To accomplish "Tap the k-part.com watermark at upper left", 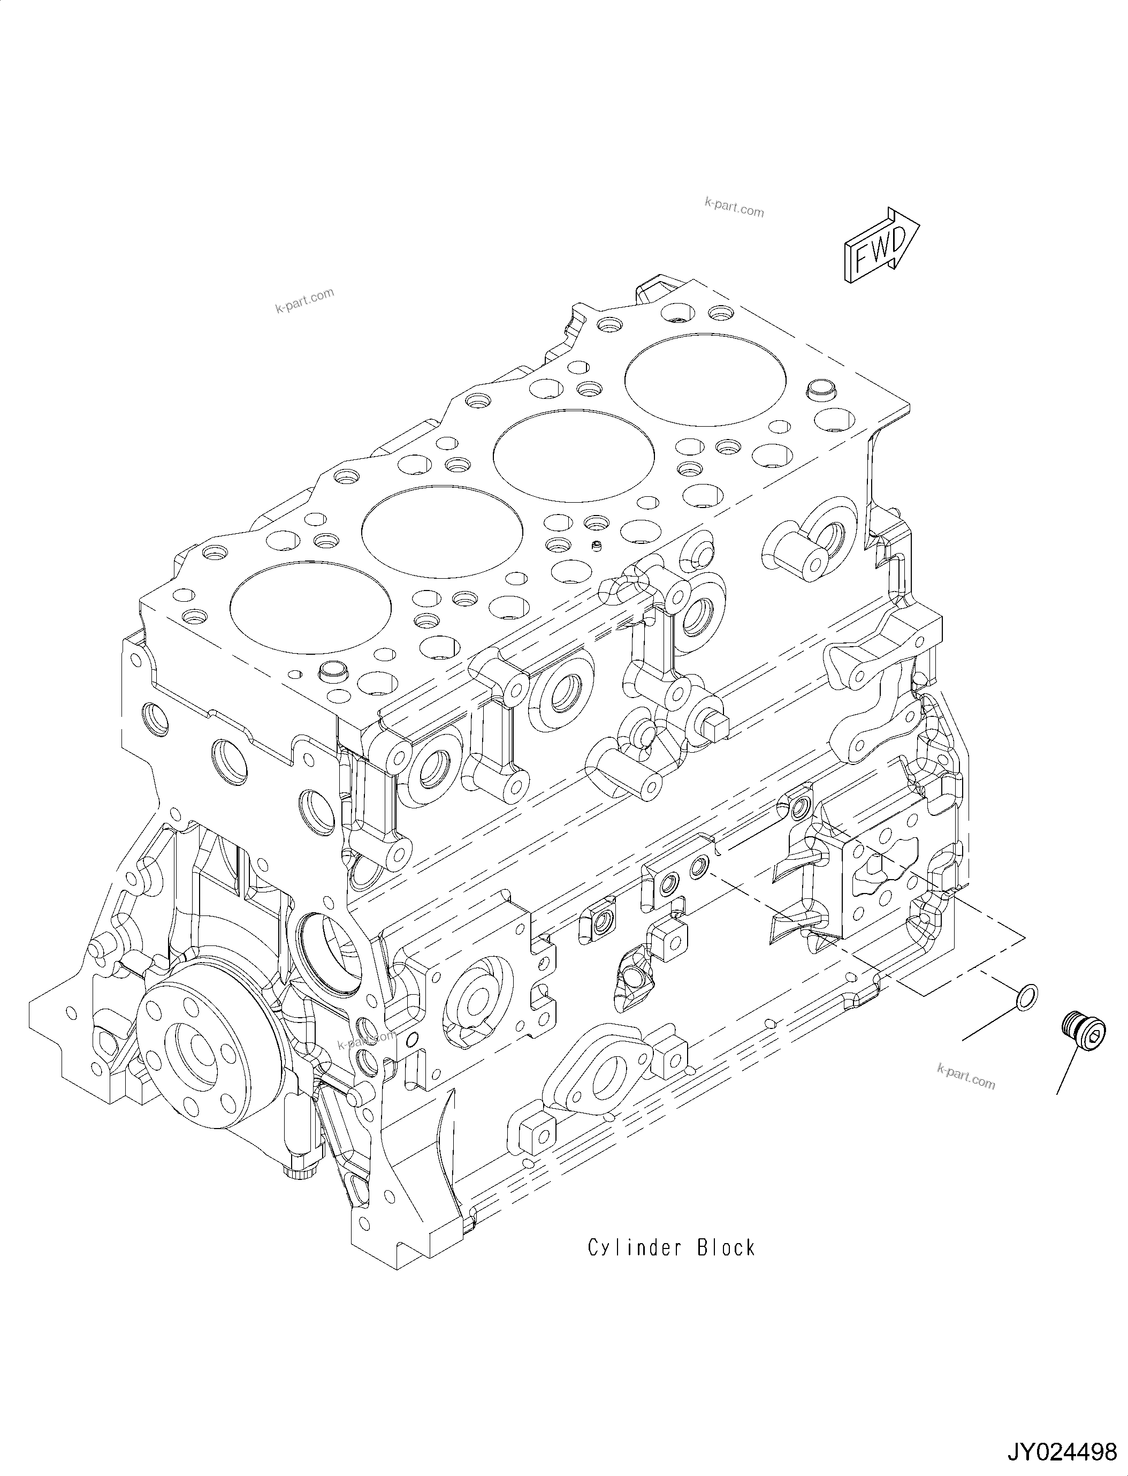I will (304, 300).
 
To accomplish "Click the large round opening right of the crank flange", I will (329, 953).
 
